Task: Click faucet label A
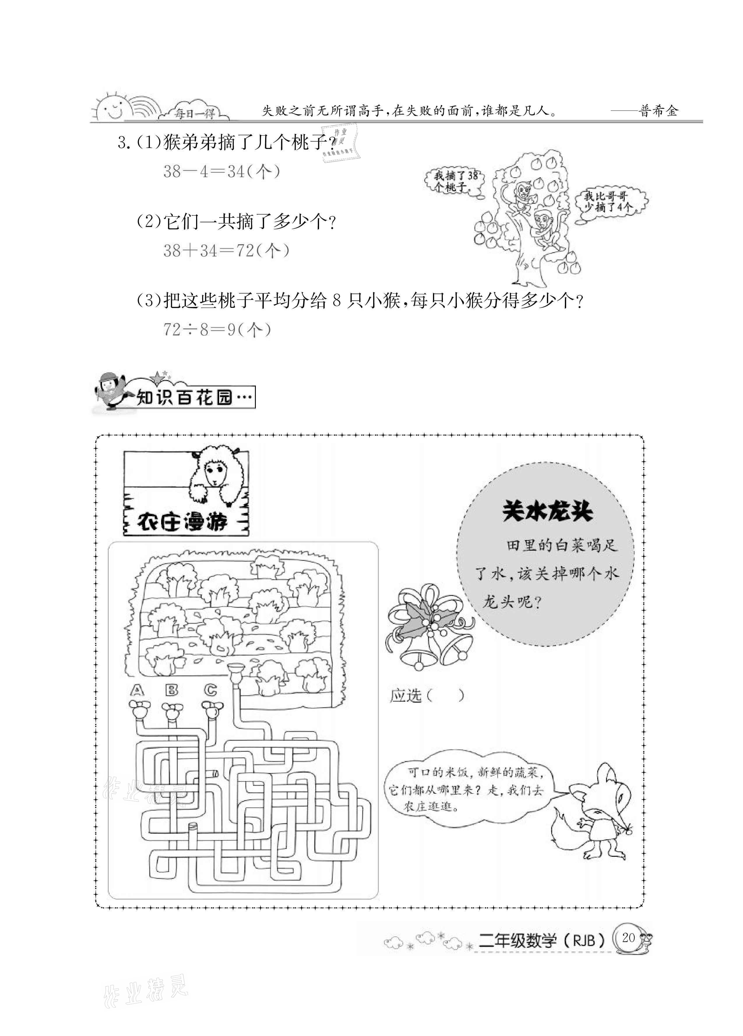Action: (x=137, y=691)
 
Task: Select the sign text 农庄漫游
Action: (x=183, y=521)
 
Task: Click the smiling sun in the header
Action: (x=111, y=108)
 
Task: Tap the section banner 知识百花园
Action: (x=194, y=397)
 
